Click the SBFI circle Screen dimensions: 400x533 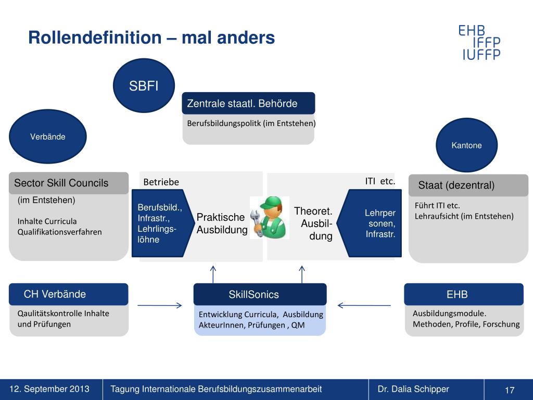(144, 86)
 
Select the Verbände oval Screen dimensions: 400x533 (47, 137)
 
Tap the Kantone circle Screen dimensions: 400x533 (466, 145)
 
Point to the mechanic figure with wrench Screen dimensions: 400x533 (269, 217)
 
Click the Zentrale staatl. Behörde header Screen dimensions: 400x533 (248, 103)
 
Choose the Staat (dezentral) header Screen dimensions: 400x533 (468, 185)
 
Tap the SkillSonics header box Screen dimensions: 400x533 (260, 294)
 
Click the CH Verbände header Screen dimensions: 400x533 (69, 294)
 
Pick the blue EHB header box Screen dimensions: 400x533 (464, 294)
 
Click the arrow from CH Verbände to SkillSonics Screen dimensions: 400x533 (160, 305)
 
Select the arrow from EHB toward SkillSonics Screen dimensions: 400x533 (364, 305)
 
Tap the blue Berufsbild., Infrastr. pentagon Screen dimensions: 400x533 (159, 223)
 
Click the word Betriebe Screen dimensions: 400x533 (161, 182)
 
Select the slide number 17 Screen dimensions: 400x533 (509, 390)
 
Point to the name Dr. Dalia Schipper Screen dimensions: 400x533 (413, 389)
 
